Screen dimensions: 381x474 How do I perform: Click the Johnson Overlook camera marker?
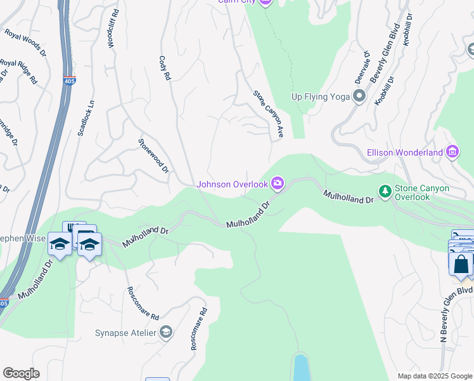coord(277,184)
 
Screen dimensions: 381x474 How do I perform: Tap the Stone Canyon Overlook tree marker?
coord(384,190)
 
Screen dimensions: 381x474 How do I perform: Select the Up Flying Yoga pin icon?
coord(359,97)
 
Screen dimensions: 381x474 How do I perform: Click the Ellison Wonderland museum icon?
coord(452,152)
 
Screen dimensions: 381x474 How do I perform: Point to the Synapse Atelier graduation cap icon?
coord(165,332)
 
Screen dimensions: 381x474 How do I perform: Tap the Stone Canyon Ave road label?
coord(268,114)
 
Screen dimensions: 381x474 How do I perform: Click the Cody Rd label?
coord(164,67)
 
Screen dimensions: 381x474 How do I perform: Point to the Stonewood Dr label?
coord(154,156)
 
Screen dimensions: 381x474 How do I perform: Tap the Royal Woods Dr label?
coord(25,43)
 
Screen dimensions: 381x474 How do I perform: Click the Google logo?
coord(21,373)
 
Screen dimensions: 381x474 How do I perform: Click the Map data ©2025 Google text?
coord(434,376)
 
